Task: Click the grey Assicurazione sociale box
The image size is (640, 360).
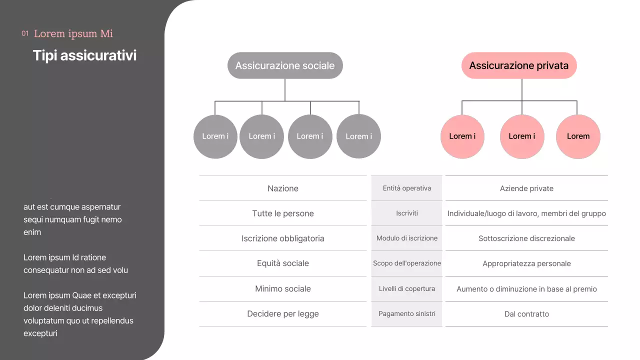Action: pyautogui.click(x=285, y=65)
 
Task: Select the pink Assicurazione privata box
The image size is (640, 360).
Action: pyautogui.click(x=519, y=65)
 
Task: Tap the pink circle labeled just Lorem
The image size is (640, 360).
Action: pyautogui.click(x=578, y=136)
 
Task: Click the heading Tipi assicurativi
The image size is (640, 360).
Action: pyautogui.click(x=84, y=55)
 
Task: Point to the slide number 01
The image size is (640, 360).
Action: pyautogui.click(x=25, y=33)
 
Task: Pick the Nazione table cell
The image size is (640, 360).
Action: pyautogui.click(x=283, y=188)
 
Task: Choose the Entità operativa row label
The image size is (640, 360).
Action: pyautogui.click(x=407, y=188)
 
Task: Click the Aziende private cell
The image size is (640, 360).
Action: pyautogui.click(x=526, y=188)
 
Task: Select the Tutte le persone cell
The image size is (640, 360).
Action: pyautogui.click(x=283, y=213)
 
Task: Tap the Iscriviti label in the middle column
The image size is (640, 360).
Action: pyautogui.click(x=407, y=213)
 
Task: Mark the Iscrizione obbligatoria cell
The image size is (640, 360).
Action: pyautogui.click(x=283, y=238)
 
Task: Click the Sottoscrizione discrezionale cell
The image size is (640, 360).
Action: pyautogui.click(x=526, y=238)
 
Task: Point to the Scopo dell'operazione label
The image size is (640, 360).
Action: pyautogui.click(x=407, y=263)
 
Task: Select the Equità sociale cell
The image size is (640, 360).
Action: pyautogui.click(x=283, y=263)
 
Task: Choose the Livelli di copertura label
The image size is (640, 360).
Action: pyautogui.click(x=407, y=288)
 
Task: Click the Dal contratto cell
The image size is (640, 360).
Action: pyautogui.click(x=526, y=314)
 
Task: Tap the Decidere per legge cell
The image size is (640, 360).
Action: pyautogui.click(x=283, y=313)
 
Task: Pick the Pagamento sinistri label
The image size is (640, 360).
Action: pyautogui.click(x=407, y=313)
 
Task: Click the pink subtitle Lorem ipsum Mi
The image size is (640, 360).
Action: pyautogui.click(x=73, y=33)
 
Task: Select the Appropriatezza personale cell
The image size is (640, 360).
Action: pyautogui.click(x=526, y=263)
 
